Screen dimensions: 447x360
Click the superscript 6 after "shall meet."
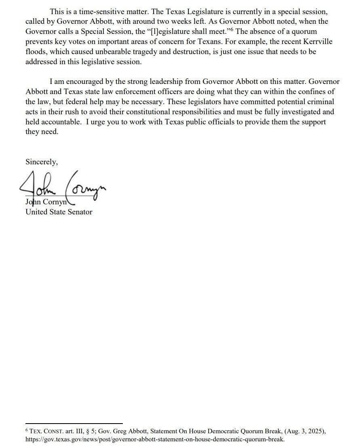point(232,29)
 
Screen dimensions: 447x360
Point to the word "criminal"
point(320,102)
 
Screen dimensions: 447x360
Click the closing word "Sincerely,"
point(42,162)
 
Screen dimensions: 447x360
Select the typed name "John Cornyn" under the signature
point(46,202)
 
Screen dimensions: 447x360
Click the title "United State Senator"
point(59,212)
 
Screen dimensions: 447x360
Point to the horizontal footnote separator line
point(74,424)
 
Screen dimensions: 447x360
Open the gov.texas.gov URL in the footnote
point(155,439)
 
